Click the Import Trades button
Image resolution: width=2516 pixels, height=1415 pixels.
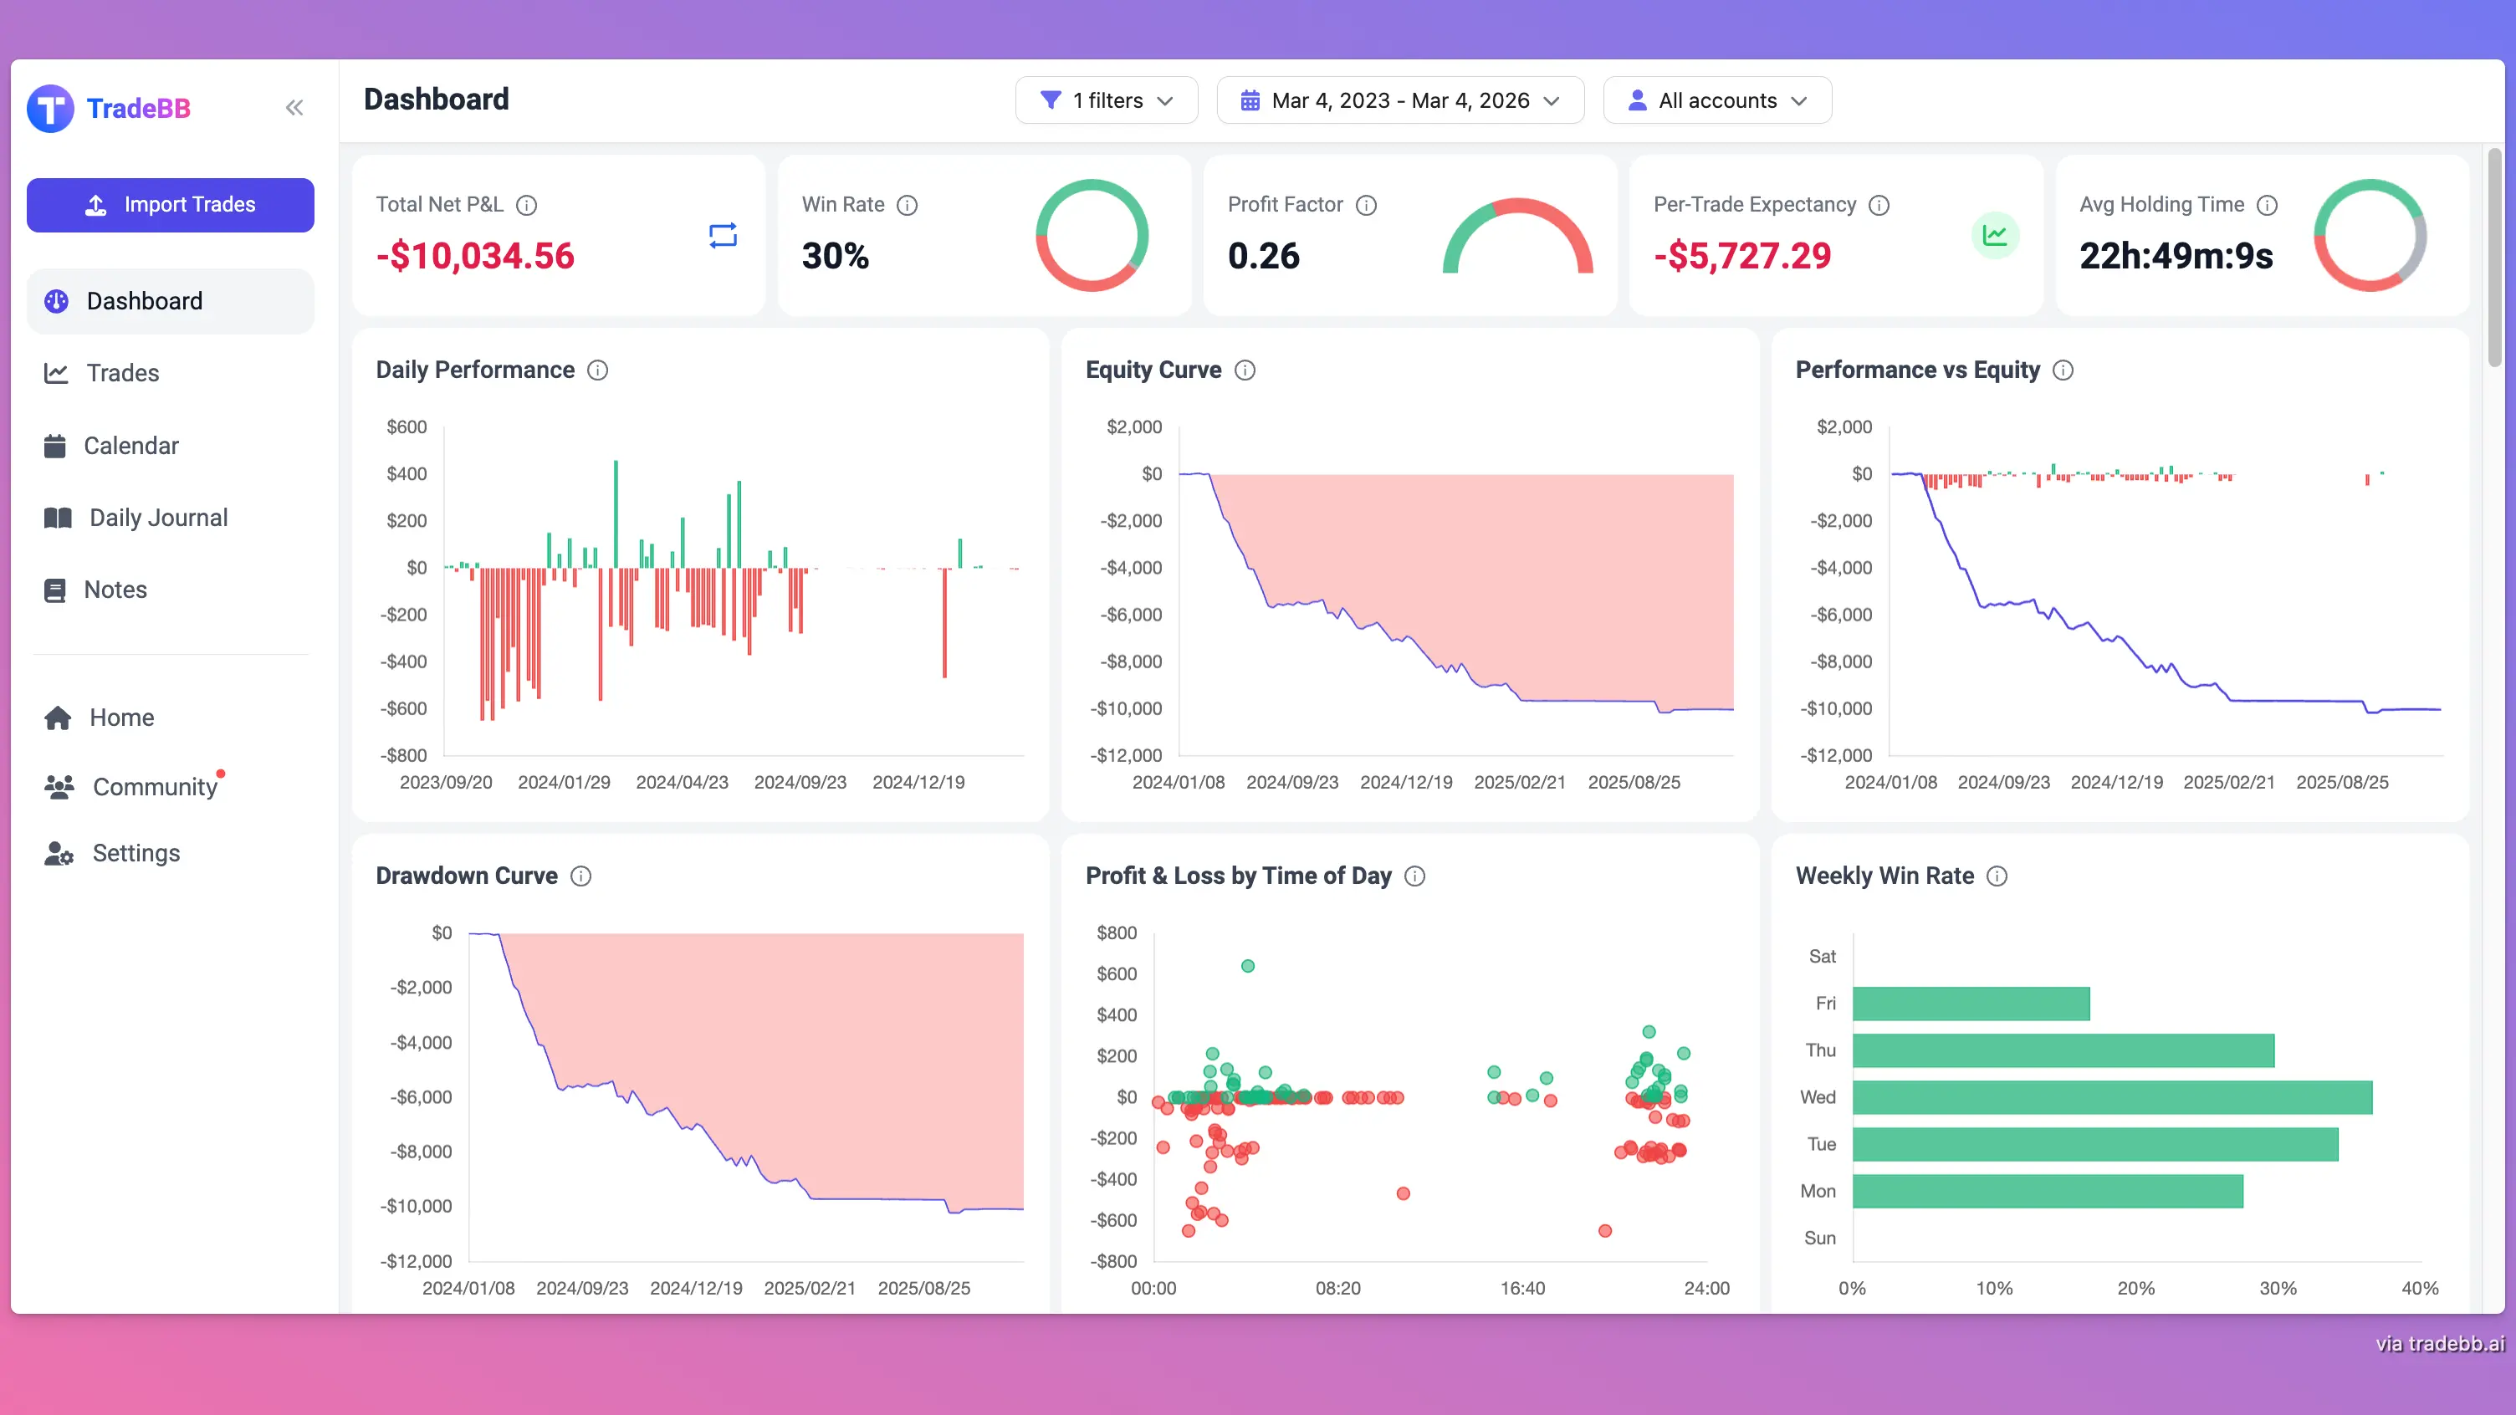(x=170, y=205)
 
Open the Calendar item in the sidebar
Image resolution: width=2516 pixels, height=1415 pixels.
(x=130, y=447)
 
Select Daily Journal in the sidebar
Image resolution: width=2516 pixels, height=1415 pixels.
(x=157, y=518)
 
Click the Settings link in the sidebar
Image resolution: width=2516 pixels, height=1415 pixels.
(x=136, y=854)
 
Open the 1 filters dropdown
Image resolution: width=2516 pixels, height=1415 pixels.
(x=1106, y=100)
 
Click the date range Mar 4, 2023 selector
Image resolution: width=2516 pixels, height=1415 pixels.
(x=1399, y=100)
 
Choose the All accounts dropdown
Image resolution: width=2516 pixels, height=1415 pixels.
(x=1716, y=100)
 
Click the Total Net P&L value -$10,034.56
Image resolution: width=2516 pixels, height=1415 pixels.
(x=475, y=256)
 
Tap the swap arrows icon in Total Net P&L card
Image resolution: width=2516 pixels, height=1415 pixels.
(x=723, y=235)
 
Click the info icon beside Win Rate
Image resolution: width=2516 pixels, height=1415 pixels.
(x=908, y=205)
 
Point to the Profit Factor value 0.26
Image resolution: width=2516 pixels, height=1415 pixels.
(x=1263, y=256)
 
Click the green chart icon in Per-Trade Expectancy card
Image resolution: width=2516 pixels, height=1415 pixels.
(x=1994, y=235)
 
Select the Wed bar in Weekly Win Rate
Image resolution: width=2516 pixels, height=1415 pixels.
(x=2112, y=1097)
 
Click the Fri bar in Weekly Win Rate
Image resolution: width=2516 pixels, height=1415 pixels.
(x=1970, y=1004)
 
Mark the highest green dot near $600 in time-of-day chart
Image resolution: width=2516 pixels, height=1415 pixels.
(x=1247, y=966)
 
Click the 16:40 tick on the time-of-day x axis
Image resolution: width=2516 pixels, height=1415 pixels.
(x=1521, y=1288)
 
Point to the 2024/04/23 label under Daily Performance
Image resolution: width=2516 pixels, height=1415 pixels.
(x=682, y=782)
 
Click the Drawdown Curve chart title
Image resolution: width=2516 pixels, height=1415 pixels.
(x=467, y=876)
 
